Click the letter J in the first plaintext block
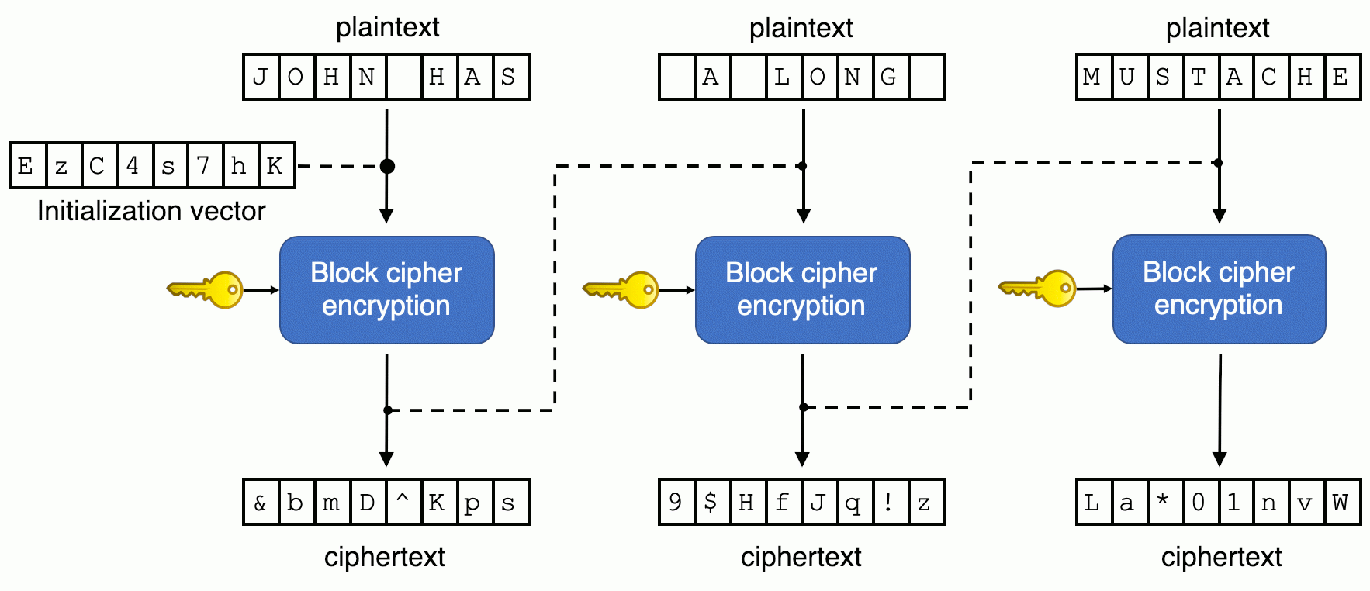tap(261, 77)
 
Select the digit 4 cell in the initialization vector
tap(133, 165)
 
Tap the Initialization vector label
tap(151, 211)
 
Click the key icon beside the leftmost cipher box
tap(206, 290)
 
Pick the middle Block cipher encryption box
tap(802, 289)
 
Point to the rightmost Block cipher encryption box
tap(1219, 289)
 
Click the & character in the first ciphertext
tap(260, 503)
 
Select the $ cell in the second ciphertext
tap(711, 503)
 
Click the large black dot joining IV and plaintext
tap(387, 166)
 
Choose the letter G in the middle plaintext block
tap(888, 77)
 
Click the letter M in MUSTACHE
tap(1092, 77)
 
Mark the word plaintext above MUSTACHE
tap(1217, 28)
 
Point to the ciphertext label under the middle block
tap(801, 557)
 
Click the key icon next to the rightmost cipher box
tap(1038, 289)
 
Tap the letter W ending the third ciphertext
tap(1340, 503)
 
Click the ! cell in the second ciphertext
tap(888, 503)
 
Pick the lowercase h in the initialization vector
tap(239, 165)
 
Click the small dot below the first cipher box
tap(387, 410)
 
